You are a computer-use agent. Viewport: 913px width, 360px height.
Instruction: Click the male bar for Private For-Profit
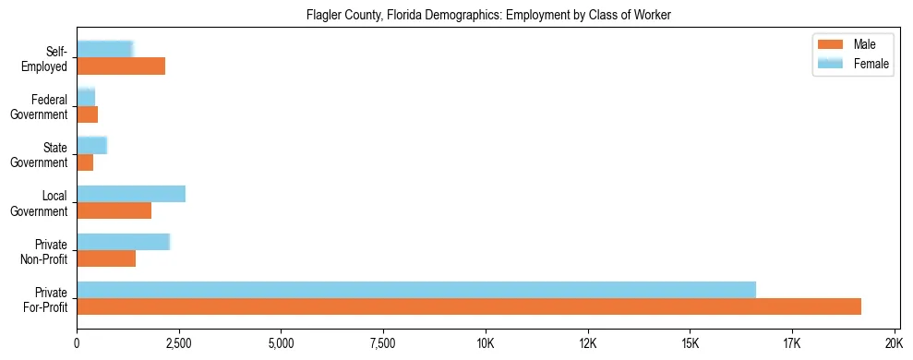(x=469, y=306)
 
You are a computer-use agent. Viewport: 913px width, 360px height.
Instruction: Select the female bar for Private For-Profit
(x=416, y=290)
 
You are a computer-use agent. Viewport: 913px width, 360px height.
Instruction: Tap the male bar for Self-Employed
(x=121, y=66)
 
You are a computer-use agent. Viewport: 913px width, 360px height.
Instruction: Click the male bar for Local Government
(x=114, y=210)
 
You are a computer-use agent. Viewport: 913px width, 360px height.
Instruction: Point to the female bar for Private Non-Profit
(x=123, y=242)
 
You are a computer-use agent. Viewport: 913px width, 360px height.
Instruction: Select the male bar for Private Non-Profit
(x=106, y=258)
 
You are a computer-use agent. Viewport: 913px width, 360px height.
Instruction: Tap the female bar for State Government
(x=91, y=145)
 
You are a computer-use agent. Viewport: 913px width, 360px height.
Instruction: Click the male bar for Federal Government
(x=87, y=114)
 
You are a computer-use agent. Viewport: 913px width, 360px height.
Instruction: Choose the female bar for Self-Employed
(x=104, y=49)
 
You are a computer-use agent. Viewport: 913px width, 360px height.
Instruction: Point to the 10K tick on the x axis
(x=486, y=343)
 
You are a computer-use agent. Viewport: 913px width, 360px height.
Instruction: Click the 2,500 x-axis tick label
(x=179, y=343)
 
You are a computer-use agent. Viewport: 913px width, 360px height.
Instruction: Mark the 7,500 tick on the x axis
(x=383, y=343)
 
